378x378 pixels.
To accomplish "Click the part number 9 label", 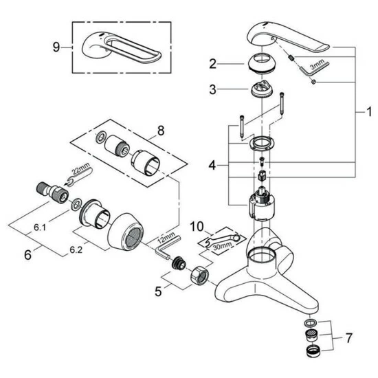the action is (x=56, y=47).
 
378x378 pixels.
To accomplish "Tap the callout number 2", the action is (x=212, y=64).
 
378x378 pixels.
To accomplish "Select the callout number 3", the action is (x=212, y=89).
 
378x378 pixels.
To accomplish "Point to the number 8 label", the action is (x=161, y=131).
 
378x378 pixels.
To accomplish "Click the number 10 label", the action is (x=197, y=227).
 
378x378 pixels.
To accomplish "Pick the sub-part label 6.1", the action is (x=40, y=227).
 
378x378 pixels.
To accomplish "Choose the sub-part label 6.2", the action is (x=76, y=250).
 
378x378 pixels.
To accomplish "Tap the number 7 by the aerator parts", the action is (x=349, y=338).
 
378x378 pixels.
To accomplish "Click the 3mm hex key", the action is (x=313, y=67).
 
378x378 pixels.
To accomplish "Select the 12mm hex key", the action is (x=167, y=247).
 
